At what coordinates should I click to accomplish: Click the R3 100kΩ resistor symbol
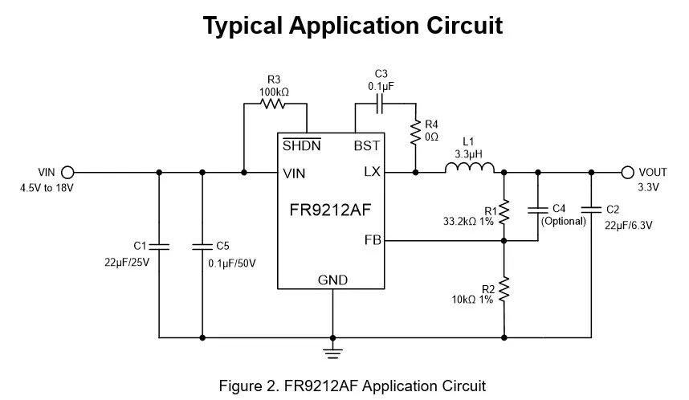tap(274, 104)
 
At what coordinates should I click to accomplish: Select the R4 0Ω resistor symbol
tap(416, 132)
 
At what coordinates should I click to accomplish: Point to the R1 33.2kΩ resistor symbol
tap(504, 212)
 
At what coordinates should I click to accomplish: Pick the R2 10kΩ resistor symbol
tap(504, 290)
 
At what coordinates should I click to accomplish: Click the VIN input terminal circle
tap(67, 172)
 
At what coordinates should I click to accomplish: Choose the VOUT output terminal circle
tap(628, 172)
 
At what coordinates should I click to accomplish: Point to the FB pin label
tap(372, 239)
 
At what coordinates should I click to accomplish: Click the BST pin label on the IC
tap(367, 146)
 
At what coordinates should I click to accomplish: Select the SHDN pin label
tap(302, 146)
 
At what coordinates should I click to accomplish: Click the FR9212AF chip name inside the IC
tap(331, 210)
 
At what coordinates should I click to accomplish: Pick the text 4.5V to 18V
tap(45, 188)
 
